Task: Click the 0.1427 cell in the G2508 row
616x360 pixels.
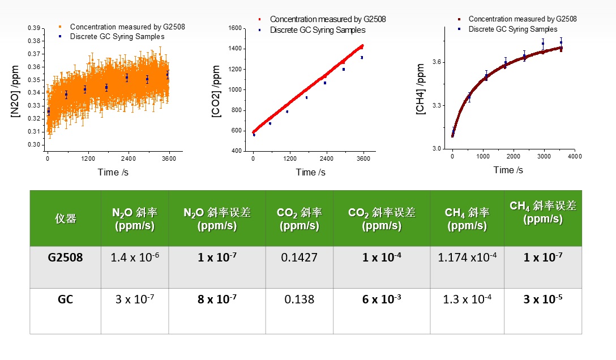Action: pos(299,258)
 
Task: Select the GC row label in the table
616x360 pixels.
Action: pos(65,299)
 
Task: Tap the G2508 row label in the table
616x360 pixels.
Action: pos(65,258)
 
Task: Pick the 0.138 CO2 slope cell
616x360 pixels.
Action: pos(299,299)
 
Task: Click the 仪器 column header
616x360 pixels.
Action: pos(65,218)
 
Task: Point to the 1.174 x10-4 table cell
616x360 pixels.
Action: pos(467,258)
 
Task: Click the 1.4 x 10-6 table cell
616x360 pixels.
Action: pos(135,258)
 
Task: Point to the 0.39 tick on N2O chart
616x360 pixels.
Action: pos(34,28)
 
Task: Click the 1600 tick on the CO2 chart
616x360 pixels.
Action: pos(237,28)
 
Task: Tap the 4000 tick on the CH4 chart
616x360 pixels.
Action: pos(574,156)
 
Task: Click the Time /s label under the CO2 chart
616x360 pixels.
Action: pos(311,172)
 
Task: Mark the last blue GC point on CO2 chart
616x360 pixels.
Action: pos(361,57)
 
